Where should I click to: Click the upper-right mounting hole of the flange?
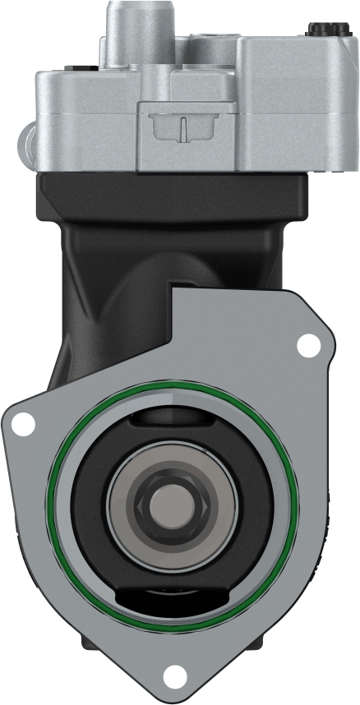point(308,346)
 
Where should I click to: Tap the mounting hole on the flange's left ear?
point(24,425)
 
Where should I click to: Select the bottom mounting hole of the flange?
point(173,676)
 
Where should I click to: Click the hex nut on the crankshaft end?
point(172,504)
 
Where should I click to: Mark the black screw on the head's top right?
point(317,29)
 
